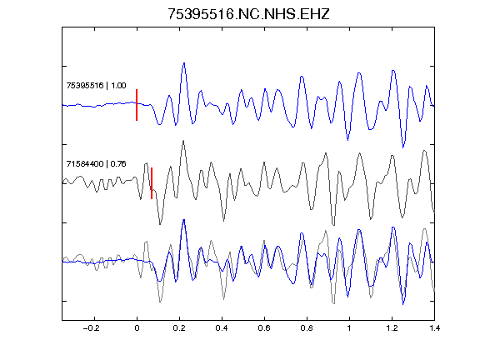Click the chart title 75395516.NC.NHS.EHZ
click(x=248, y=14)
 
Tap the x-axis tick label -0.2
click(x=91, y=328)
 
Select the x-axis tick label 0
click(x=137, y=328)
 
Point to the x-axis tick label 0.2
click(x=179, y=328)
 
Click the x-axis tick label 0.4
click(x=222, y=328)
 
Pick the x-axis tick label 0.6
click(x=264, y=328)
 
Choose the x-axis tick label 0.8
click(x=307, y=328)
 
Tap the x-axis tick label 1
click(x=349, y=328)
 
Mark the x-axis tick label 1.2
click(x=392, y=328)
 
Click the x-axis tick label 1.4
click(x=434, y=328)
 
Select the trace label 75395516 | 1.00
click(x=96, y=85)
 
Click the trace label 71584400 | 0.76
click(x=96, y=164)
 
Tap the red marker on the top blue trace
click(x=137, y=105)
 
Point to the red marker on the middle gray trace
click(x=152, y=183)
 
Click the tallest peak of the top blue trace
click(x=184, y=63)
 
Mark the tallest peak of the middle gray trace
click(x=183, y=141)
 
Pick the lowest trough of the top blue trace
click(x=403, y=147)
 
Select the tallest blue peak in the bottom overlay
click(x=184, y=220)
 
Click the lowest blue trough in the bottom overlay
click(x=403, y=304)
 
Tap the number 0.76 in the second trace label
click(x=118, y=164)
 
